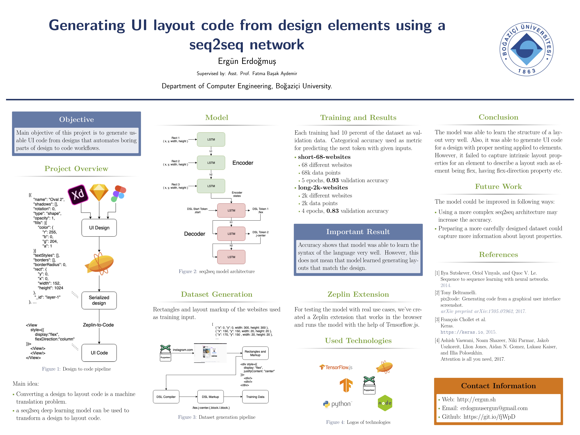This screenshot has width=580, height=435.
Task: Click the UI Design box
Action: click(99, 228)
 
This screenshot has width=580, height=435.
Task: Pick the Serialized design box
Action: click(99, 300)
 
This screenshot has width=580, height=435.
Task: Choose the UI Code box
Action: click(99, 353)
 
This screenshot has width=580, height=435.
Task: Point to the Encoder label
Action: click(243, 163)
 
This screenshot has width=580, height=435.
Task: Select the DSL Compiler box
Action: click(166, 397)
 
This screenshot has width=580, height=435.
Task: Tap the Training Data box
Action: click(255, 397)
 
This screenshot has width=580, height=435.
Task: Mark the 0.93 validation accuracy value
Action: click(332, 180)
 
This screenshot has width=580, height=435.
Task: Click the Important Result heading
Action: click(358, 232)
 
